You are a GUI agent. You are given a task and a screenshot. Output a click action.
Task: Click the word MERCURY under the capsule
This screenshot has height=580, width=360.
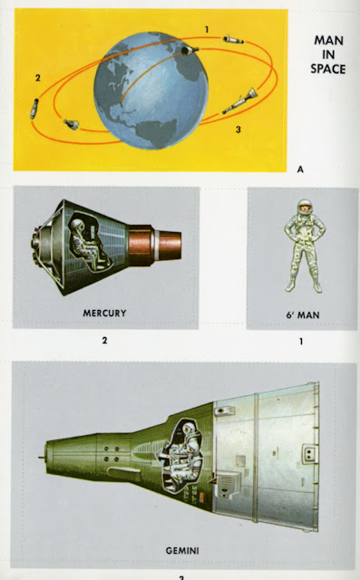tap(104, 313)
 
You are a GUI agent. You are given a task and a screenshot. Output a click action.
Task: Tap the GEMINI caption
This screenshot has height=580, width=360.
tap(182, 550)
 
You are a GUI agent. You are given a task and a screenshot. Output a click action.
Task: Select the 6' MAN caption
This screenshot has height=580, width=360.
tap(302, 314)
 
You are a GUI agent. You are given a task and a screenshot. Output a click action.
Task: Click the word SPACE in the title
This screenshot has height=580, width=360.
tap(328, 69)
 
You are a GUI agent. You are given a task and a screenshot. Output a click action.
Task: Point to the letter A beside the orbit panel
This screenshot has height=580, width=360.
tap(300, 169)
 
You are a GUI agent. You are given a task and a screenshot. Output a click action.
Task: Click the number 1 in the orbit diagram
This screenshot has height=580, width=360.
tap(207, 29)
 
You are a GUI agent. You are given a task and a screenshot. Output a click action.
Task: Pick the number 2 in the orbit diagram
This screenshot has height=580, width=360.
tap(38, 78)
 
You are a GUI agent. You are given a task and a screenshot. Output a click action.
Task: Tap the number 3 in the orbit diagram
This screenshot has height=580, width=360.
tap(238, 130)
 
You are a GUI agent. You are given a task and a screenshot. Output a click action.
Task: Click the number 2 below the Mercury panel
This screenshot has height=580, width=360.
tap(104, 340)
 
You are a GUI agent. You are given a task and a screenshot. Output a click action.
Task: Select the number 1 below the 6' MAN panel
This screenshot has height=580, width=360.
tap(301, 341)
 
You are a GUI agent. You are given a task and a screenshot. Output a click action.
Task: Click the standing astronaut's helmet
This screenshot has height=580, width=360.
tap(305, 208)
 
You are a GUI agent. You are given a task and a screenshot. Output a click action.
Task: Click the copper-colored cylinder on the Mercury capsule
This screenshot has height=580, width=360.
tap(155, 246)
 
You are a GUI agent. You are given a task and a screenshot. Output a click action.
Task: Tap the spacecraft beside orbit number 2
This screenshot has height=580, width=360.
tap(34, 109)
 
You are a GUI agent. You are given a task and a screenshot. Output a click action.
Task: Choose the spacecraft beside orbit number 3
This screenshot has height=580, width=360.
tap(239, 101)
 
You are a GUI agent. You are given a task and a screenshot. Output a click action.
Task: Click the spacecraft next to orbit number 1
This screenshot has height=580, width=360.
tap(233, 39)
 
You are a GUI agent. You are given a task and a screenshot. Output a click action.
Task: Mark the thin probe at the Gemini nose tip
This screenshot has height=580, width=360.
tap(42, 458)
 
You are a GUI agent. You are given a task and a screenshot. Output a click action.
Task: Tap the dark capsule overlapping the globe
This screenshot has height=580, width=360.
tap(190, 51)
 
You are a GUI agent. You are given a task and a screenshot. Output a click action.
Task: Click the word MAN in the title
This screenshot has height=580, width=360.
tap(328, 40)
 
